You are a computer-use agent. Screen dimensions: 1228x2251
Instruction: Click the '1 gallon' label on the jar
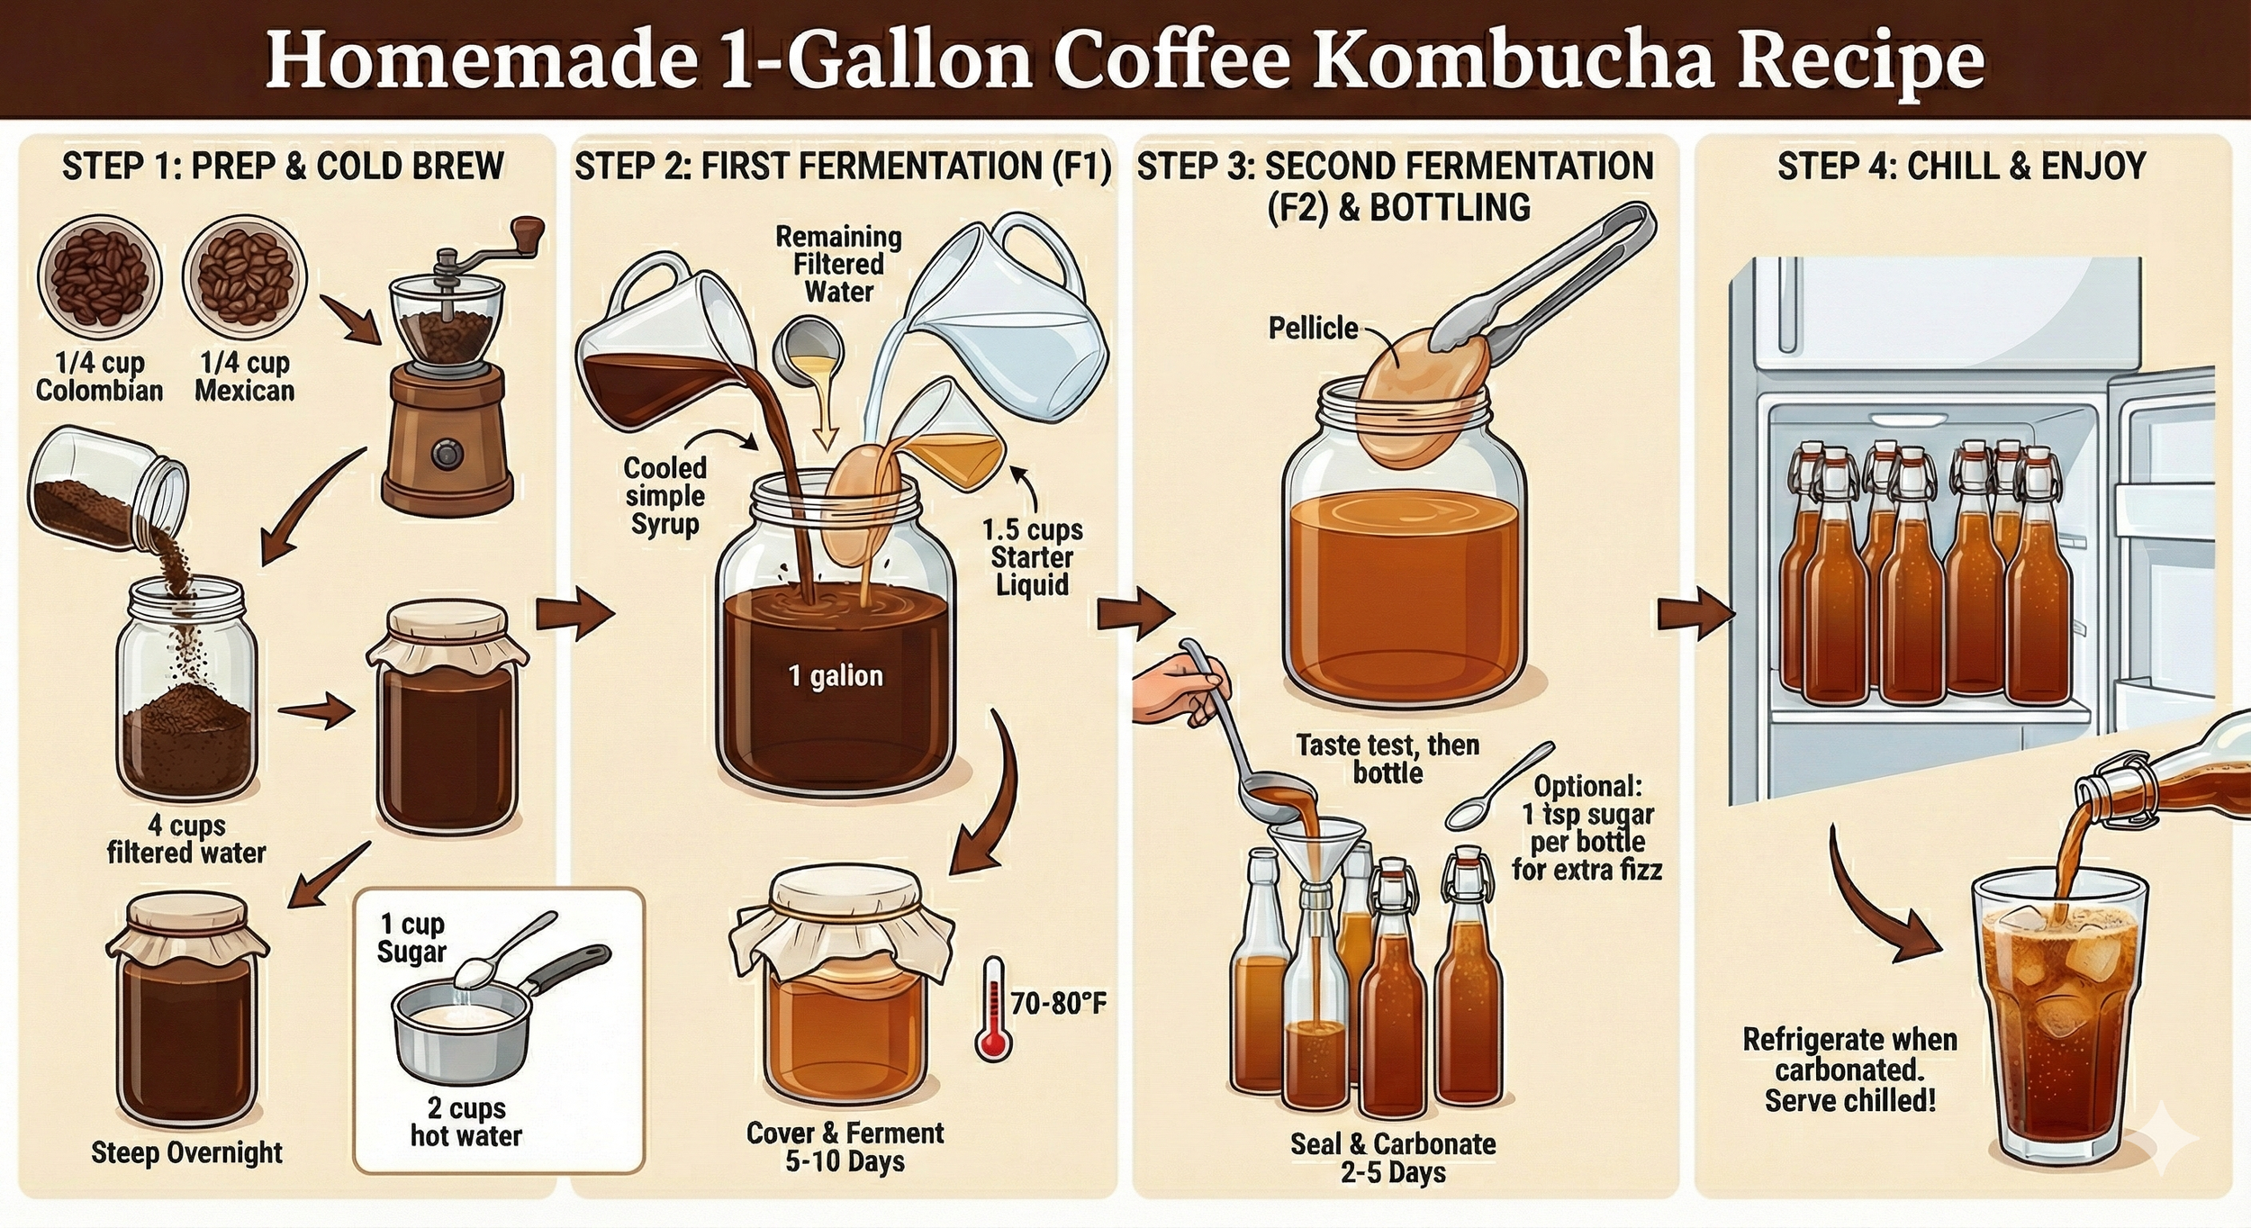tap(835, 676)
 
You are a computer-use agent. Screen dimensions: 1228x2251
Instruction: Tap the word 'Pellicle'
tap(1313, 329)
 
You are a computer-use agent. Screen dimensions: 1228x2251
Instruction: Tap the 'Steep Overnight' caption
tap(186, 1152)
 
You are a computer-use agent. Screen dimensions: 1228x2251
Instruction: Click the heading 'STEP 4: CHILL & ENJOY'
tap(1962, 167)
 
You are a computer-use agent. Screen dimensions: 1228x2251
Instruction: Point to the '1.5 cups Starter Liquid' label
tap(1032, 556)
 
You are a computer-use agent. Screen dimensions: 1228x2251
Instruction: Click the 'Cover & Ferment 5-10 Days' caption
tap(845, 1146)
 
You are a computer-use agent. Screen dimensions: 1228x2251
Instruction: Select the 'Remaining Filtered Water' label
tap(838, 264)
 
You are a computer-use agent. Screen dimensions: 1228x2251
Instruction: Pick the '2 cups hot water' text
tap(466, 1122)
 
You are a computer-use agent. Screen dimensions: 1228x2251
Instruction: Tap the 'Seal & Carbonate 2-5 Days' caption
tap(1392, 1158)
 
